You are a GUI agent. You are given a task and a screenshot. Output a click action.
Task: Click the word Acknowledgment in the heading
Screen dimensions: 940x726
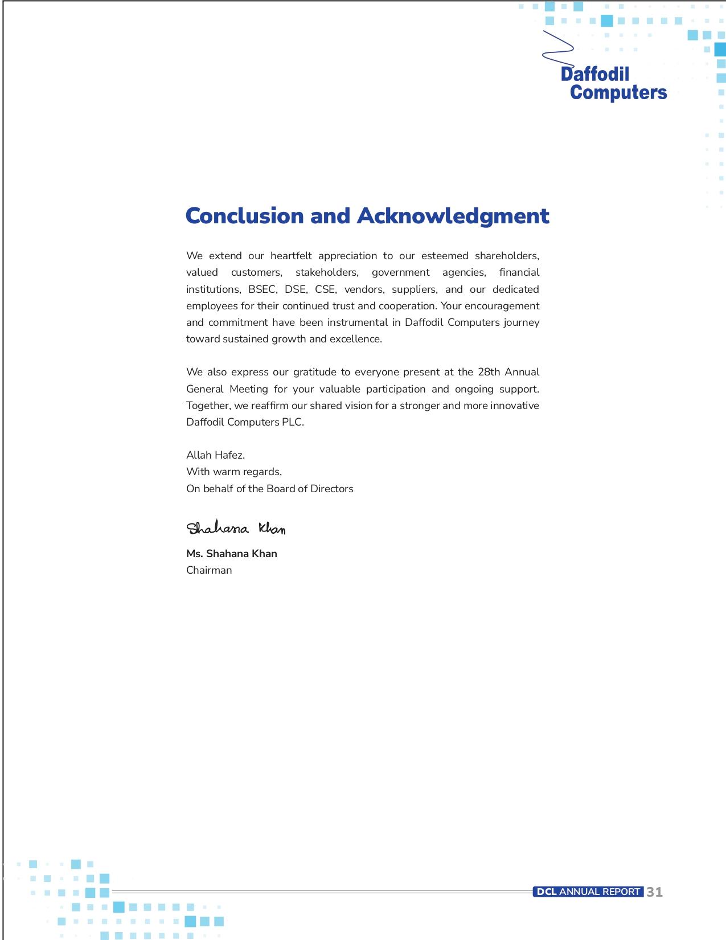pos(453,216)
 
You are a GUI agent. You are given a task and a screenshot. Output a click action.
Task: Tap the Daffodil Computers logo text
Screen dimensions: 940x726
pos(614,83)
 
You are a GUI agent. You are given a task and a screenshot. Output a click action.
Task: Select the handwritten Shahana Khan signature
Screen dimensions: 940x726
pos(236,528)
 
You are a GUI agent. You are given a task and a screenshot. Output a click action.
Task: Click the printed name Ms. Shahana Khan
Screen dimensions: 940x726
pos(232,554)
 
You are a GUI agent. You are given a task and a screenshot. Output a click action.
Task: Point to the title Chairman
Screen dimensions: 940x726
pos(209,570)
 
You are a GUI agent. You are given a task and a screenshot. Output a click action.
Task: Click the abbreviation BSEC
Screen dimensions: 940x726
pos(262,289)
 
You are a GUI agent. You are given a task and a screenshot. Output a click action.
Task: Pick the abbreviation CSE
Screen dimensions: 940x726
pos(326,289)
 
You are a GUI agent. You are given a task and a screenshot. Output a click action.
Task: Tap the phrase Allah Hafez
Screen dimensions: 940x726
pos(215,455)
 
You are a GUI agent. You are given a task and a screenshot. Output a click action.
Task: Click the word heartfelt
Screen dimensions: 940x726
pos(291,256)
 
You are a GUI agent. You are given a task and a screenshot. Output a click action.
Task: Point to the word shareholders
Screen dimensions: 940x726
pos(507,256)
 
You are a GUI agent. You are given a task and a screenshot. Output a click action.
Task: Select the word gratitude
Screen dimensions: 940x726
pos(314,372)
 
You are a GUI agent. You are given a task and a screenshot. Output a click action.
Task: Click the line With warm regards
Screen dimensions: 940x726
pos(234,472)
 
